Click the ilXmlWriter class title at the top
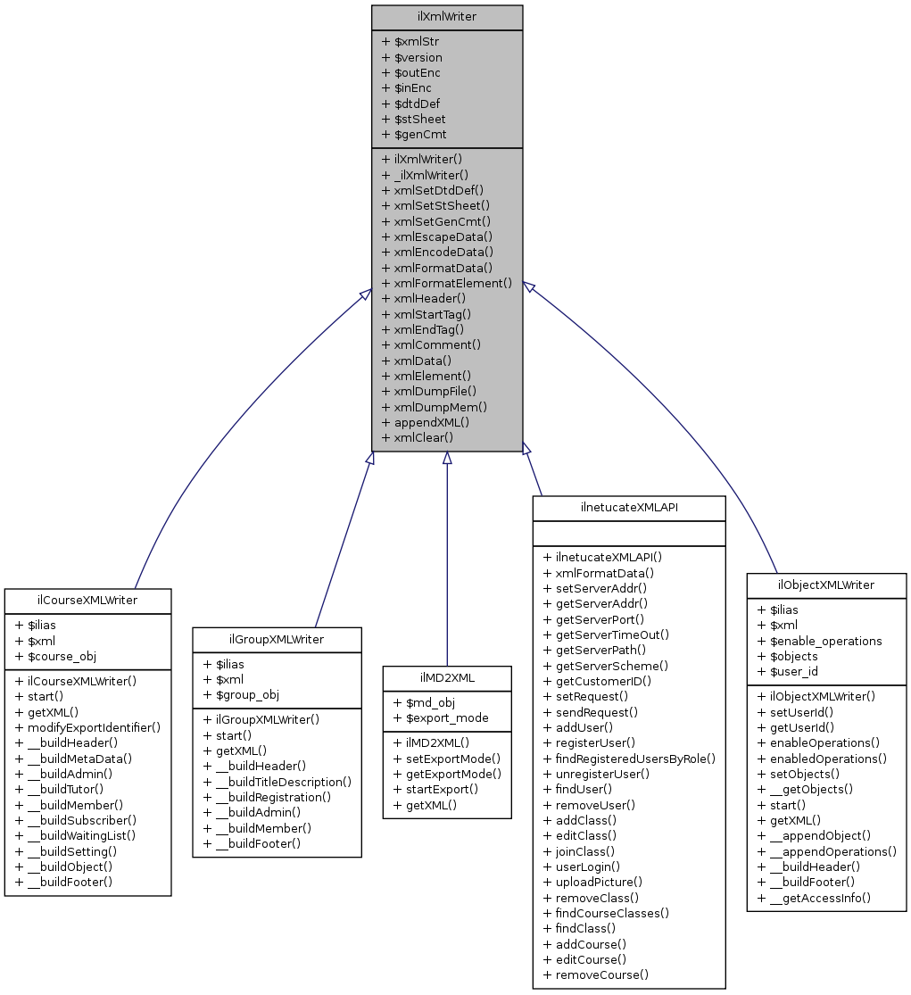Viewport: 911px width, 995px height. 446,17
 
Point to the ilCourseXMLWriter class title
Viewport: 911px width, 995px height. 87,600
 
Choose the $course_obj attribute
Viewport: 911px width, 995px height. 62,656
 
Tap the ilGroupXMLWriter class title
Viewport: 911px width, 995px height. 277,639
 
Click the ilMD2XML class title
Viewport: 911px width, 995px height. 447,678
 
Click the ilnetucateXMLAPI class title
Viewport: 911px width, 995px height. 629,506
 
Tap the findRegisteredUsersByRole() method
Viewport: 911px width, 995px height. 635,759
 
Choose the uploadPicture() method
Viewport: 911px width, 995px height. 600,882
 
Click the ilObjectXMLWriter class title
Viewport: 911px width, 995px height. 826,585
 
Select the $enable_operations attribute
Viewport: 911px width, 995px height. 825,641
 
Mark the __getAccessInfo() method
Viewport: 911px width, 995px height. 819,897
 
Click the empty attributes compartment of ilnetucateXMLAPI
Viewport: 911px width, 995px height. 629,532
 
